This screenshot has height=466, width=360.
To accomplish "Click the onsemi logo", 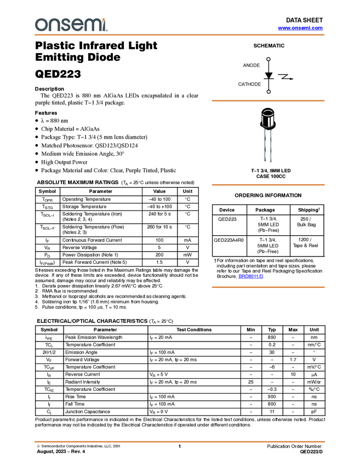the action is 71,25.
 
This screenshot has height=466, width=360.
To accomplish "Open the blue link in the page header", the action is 300,28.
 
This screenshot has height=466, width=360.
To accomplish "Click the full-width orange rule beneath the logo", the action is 180,35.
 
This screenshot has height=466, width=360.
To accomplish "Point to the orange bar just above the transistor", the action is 268,101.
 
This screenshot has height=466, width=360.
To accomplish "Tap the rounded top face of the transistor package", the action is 267,113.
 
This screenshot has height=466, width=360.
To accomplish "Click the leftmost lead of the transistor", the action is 264,145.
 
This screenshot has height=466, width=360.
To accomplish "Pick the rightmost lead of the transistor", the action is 271,145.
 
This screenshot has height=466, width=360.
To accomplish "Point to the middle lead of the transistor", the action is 267,145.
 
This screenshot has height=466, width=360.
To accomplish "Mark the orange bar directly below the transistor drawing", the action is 268,185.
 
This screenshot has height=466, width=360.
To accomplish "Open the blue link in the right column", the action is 251,277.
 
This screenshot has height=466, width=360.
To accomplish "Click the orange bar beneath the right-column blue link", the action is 268,287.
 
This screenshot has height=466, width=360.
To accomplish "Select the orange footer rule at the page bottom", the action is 180,441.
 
